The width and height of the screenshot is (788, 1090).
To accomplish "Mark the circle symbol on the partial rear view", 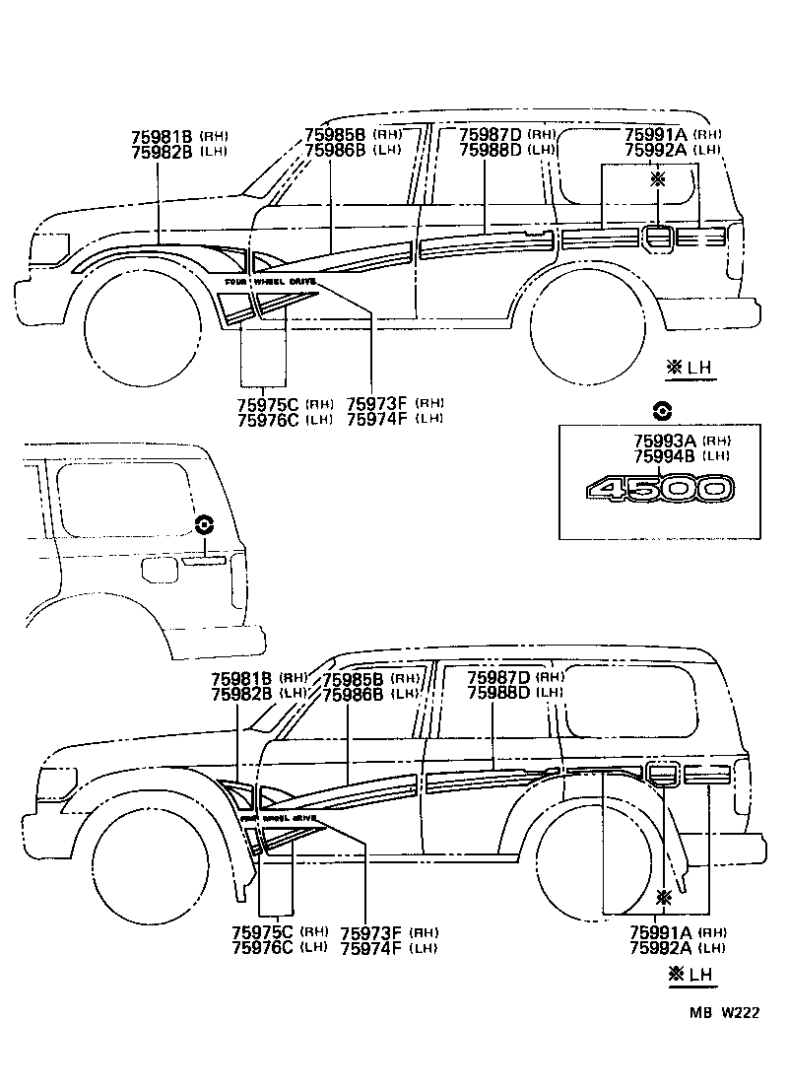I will coord(204,524).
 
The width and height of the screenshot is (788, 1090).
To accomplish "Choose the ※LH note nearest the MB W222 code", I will coord(691,975).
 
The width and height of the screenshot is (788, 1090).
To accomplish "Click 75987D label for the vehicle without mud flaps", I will coord(491,135).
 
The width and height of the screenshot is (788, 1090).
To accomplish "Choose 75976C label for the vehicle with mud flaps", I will coord(262,948).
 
